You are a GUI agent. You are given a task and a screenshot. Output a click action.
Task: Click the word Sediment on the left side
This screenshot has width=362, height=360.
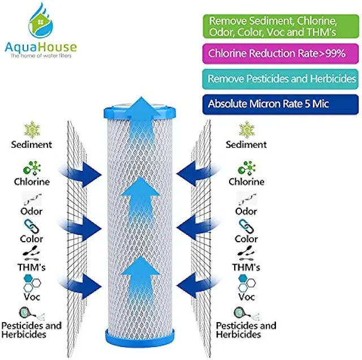point(32,144)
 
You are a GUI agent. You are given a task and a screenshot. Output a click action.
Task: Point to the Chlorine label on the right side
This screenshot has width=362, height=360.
point(246,182)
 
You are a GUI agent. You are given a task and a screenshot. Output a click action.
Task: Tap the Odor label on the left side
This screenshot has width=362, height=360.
point(32,211)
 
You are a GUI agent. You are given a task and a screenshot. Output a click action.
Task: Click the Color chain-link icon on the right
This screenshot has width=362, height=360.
point(247,226)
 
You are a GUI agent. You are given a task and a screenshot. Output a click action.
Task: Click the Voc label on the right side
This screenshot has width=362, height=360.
point(246,297)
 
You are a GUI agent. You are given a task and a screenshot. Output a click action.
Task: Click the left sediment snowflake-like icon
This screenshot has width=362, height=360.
point(32,129)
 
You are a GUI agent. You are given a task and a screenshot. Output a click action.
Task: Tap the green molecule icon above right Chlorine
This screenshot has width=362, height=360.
point(246,168)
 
